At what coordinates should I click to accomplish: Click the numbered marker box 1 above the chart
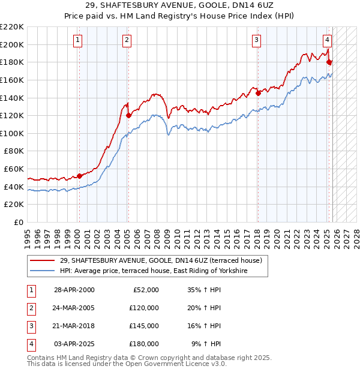click(79, 40)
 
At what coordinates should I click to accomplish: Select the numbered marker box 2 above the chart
click(127, 40)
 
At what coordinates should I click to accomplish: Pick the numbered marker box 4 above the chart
click(327, 40)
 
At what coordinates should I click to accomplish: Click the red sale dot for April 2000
click(79, 176)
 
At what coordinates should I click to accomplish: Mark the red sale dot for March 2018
click(258, 93)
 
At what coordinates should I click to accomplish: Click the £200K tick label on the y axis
click(13, 44)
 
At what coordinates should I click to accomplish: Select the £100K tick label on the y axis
click(13, 133)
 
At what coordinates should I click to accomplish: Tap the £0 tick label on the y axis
click(19, 222)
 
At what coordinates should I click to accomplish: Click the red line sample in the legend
click(43, 261)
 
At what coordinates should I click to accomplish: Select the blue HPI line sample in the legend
click(43, 271)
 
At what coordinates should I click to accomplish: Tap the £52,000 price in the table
click(145, 290)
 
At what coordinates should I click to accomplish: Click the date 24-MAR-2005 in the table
click(74, 308)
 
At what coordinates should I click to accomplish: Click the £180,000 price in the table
click(143, 344)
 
